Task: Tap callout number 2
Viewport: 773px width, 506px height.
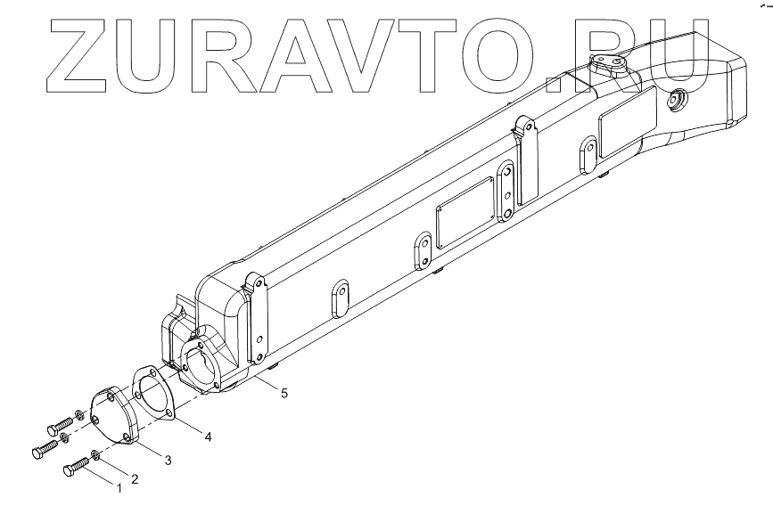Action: pyautogui.click(x=136, y=479)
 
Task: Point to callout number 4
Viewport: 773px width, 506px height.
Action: pyautogui.click(x=207, y=437)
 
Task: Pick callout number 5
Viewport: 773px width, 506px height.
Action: pyautogui.click(x=284, y=390)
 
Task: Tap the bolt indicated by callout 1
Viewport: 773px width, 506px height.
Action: pyautogui.click(x=76, y=469)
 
